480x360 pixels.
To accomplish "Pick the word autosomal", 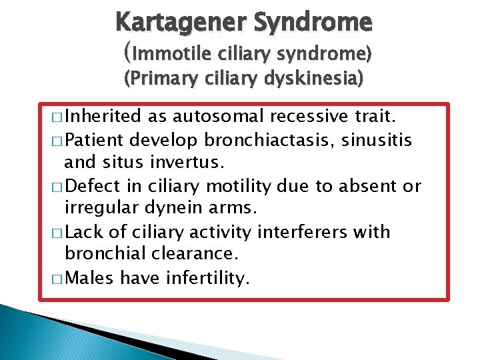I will click(210, 116).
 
